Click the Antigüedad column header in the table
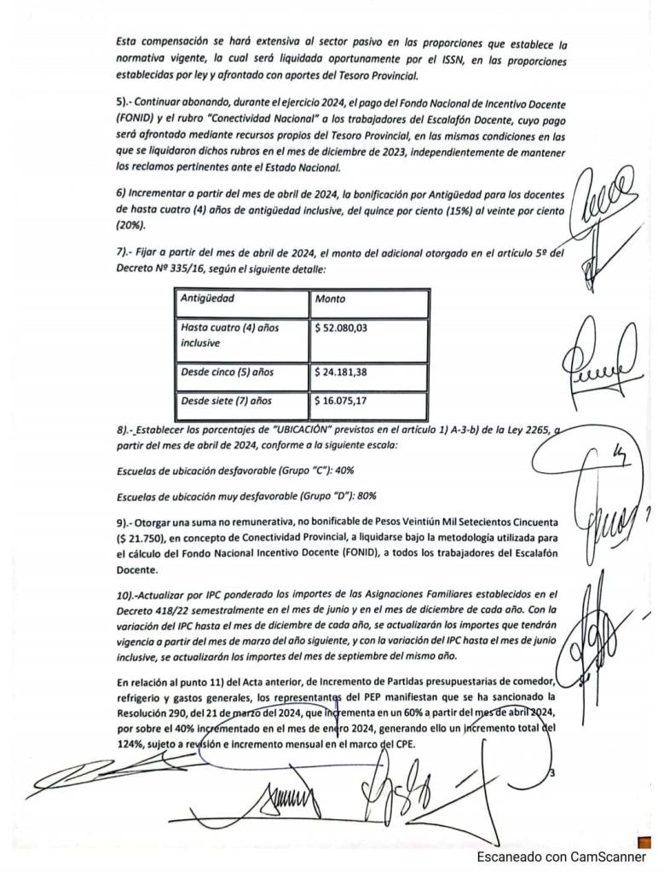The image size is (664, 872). tap(207, 299)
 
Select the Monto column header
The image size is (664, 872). tap(330, 299)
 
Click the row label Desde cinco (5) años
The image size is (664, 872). tap(227, 372)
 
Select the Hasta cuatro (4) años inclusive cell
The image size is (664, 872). tap(229, 335)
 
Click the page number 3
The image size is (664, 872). tap(553, 773)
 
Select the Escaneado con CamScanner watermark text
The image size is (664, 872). tap(561, 857)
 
